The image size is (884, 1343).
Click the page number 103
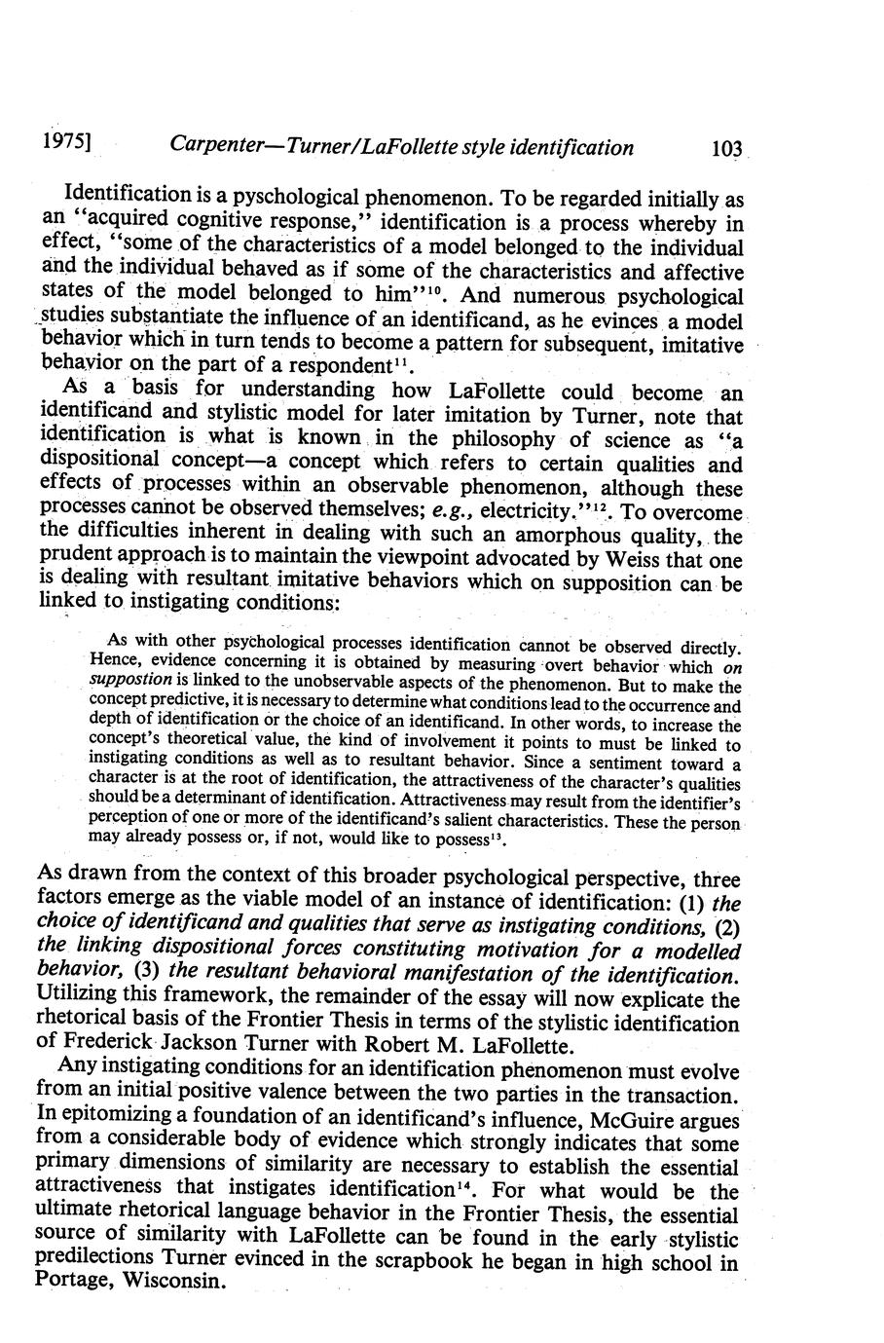[727, 148]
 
